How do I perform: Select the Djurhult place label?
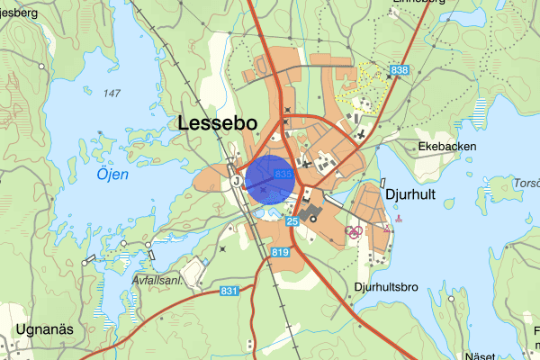pos(411,193)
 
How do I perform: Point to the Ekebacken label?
pos(445,146)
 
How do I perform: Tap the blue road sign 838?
pos(400,69)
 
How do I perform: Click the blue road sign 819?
pos(278,255)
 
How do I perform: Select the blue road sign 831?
pos(229,291)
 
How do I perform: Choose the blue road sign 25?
pos(292,220)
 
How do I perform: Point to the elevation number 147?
pos(112,94)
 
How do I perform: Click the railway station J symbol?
pos(236,181)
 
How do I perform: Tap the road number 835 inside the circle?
pos(283,173)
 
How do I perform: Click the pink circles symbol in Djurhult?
pos(355,231)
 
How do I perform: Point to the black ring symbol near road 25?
pos(313,218)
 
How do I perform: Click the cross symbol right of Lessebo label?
pos(287,111)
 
